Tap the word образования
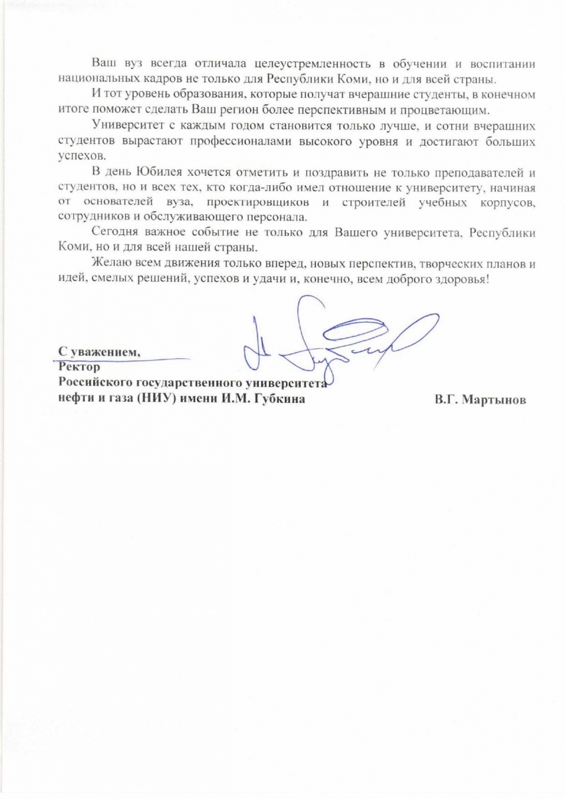tap(196, 94)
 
